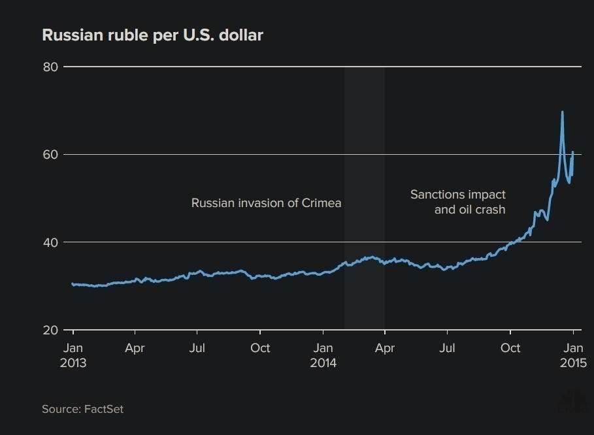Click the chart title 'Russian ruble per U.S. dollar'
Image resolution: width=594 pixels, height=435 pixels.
tap(152, 35)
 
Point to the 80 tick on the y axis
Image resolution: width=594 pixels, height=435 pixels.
tap(50, 67)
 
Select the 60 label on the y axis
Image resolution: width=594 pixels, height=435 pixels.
tap(50, 155)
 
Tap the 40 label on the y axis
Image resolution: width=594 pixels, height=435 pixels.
tap(50, 242)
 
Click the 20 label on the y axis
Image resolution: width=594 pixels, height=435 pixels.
tap(50, 330)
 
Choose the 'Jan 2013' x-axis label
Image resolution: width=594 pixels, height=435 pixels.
tap(73, 355)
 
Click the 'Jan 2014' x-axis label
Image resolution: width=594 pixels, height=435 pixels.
tap(323, 355)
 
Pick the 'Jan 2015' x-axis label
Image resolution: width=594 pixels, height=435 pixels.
tap(573, 355)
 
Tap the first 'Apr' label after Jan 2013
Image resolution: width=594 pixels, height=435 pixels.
tap(135, 348)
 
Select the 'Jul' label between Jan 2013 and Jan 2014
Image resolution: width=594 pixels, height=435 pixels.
tap(197, 348)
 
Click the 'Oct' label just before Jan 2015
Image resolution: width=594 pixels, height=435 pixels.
tap(510, 348)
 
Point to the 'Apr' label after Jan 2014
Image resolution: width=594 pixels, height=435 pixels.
tap(385, 348)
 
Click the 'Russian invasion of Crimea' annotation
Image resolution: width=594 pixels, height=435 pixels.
tap(266, 203)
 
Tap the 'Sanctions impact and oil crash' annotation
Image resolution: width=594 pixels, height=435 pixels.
tap(458, 202)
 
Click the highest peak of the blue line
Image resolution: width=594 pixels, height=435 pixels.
tap(562, 112)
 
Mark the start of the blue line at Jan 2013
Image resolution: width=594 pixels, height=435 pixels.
tap(73, 284)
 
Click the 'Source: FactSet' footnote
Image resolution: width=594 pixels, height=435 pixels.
tap(82, 409)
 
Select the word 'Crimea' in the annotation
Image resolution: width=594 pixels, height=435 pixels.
tap(322, 203)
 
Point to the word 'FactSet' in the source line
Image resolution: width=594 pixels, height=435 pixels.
tap(103, 409)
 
